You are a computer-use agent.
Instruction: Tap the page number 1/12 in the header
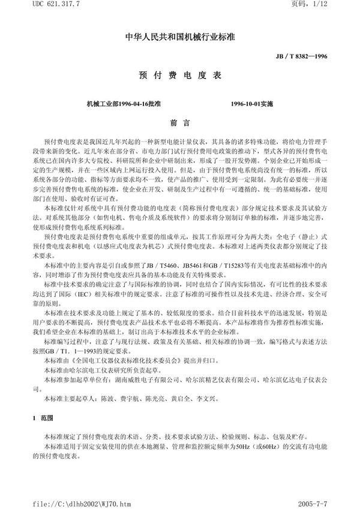pos(340,5)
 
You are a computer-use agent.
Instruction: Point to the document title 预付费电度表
pos(179,77)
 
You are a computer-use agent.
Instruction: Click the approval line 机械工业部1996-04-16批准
pos(124,104)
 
